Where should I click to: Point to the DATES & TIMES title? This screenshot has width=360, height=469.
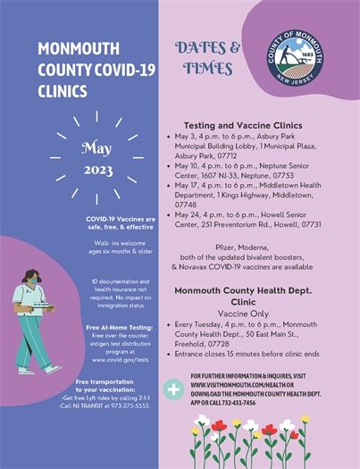point(207,57)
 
